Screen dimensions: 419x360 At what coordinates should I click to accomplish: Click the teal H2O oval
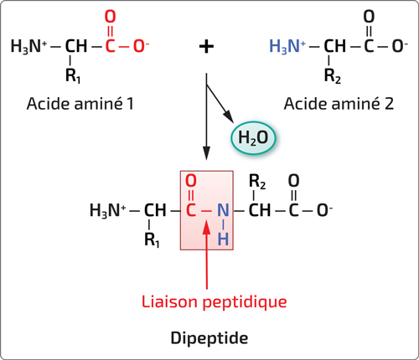click(253, 138)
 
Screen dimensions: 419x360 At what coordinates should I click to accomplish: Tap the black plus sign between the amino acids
click(206, 46)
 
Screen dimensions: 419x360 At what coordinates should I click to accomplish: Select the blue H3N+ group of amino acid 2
click(287, 46)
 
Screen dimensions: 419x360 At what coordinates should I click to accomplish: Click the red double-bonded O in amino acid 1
click(110, 17)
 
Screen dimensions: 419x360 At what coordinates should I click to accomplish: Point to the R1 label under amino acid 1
click(73, 75)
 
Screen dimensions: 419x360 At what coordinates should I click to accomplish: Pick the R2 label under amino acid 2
click(333, 75)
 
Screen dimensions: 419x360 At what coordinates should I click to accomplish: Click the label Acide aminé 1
click(80, 104)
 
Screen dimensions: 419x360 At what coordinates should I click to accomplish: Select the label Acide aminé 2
click(339, 104)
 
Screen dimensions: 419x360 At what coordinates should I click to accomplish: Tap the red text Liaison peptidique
click(214, 302)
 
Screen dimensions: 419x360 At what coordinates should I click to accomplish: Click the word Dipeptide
click(209, 338)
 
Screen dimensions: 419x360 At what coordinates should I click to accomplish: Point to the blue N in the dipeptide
click(223, 210)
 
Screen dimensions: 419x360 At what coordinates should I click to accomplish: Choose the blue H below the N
click(223, 239)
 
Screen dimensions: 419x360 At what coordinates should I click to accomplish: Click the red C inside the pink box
click(190, 210)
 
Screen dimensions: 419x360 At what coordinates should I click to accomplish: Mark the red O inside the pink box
click(191, 181)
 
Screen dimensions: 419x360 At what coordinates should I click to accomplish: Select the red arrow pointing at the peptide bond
click(206, 255)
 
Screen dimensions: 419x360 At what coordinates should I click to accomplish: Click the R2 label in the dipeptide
click(257, 182)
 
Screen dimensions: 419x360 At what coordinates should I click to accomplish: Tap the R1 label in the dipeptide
click(152, 239)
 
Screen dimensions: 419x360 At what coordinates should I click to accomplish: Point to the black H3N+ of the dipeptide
click(108, 210)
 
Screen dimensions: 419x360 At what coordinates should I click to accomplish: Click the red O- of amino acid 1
click(141, 46)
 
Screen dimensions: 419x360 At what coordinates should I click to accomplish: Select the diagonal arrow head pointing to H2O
click(229, 116)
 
